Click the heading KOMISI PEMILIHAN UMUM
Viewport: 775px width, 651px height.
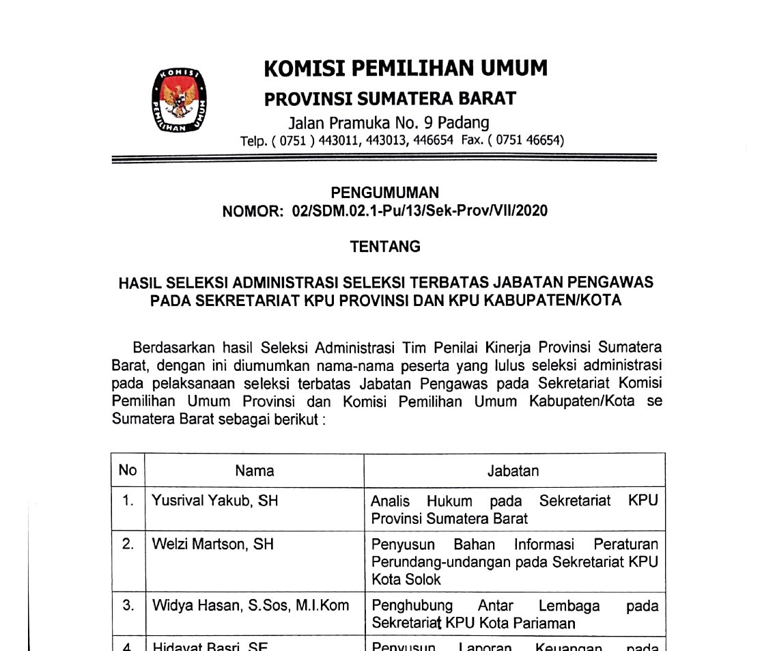(x=406, y=68)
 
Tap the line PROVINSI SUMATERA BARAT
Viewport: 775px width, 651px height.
(x=390, y=99)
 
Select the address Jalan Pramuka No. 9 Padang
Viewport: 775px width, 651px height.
(x=389, y=123)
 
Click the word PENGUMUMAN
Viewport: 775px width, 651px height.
(x=385, y=193)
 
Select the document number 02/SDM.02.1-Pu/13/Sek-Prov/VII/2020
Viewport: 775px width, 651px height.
(x=419, y=211)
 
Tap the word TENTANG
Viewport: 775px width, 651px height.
(x=385, y=247)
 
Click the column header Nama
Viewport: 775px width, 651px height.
(x=254, y=471)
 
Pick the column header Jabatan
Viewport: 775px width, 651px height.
(x=513, y=471)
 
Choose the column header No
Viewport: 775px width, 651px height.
(x=128, y=471)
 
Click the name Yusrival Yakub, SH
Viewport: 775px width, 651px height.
(x=214, y=501)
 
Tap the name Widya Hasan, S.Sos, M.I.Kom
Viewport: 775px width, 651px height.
(x=250, y=605)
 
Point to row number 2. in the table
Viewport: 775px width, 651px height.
(x=128, y=544)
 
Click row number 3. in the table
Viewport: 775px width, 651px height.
(x=128, y=605)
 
